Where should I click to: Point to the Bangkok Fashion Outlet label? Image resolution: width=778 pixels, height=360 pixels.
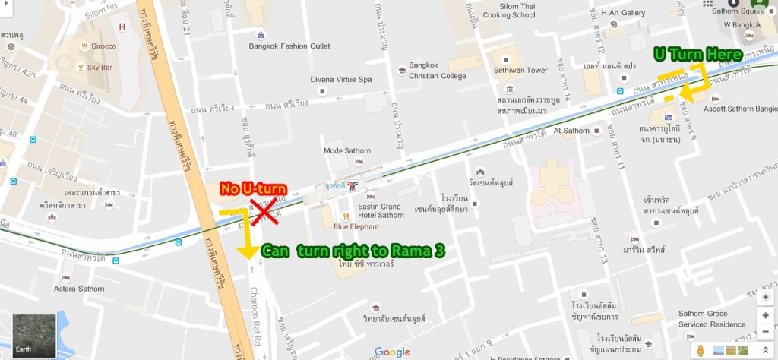click(x=289, y=46)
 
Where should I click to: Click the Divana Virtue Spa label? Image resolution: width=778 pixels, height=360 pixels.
click(x=341, y=79)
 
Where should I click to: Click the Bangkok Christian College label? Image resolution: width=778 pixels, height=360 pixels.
click(x=437, y=70)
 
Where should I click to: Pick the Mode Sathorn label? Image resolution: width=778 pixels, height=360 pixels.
click(x=348, y=150)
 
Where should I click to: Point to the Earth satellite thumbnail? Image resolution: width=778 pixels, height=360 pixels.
click(x=34, y=334)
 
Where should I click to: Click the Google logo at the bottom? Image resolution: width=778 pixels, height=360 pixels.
click(x=392, y=352)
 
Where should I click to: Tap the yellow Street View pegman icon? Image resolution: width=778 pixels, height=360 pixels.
click(x=701, y=351)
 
